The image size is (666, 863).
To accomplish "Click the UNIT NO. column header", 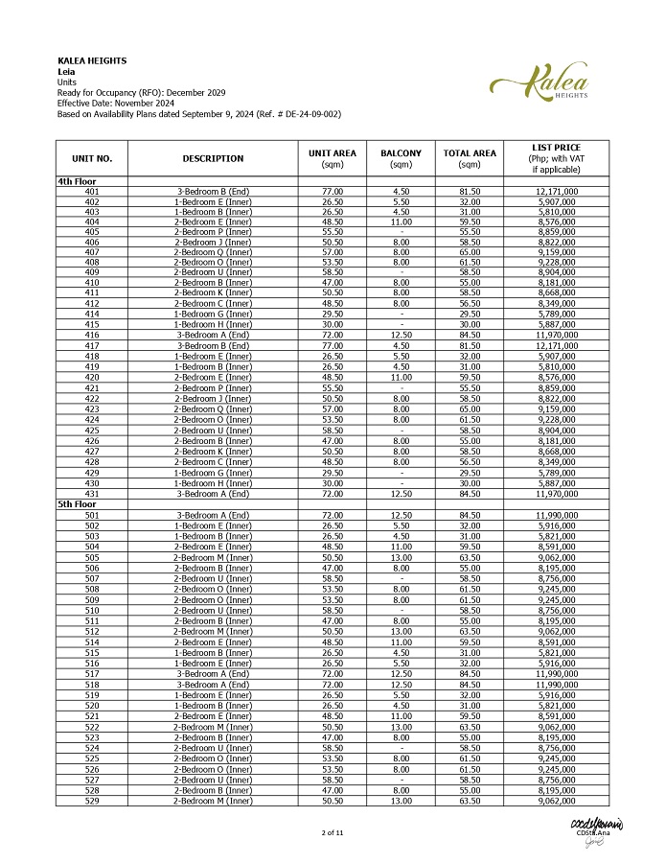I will pyautogui.click(x=92, y=158).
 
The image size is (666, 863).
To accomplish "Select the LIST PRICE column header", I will pyautogui.click(x=555, y=158).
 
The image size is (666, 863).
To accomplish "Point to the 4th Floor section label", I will pyautogui.click(x=78, y=181).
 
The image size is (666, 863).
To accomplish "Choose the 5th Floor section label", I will pyautogui.click(x=78, y=503).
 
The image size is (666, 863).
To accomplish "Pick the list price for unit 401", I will pyautogui.click(x=555, y=192).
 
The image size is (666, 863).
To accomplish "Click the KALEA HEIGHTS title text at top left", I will pyautogui.click(x=92, y=61).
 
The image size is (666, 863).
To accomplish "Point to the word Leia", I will pyautogui.click(x=67, y=71).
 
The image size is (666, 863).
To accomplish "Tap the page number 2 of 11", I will pyautogui.click(x=333, y=832).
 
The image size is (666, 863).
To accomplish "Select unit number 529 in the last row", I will pyautogui.click(x=92, y=801).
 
